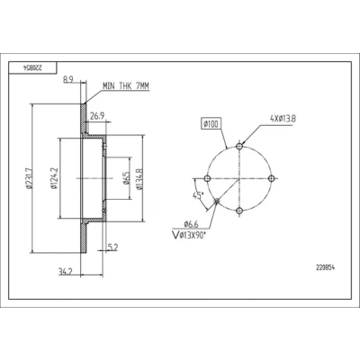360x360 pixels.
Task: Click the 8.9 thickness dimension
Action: (x=68, y=79)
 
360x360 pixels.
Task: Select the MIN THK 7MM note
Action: (x=126, y=86)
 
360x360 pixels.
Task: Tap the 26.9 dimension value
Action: (x=97, y=116)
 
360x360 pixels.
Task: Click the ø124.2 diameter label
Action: (x=55, y=178)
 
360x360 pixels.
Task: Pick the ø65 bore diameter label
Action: (x=126, y=177)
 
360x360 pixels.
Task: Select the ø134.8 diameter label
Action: (x=139, y=178)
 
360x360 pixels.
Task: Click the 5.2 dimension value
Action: (x=112, y=247)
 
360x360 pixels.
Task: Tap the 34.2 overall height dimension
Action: (x=66, y=272)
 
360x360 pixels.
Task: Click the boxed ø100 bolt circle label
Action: (x=211, y=123)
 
